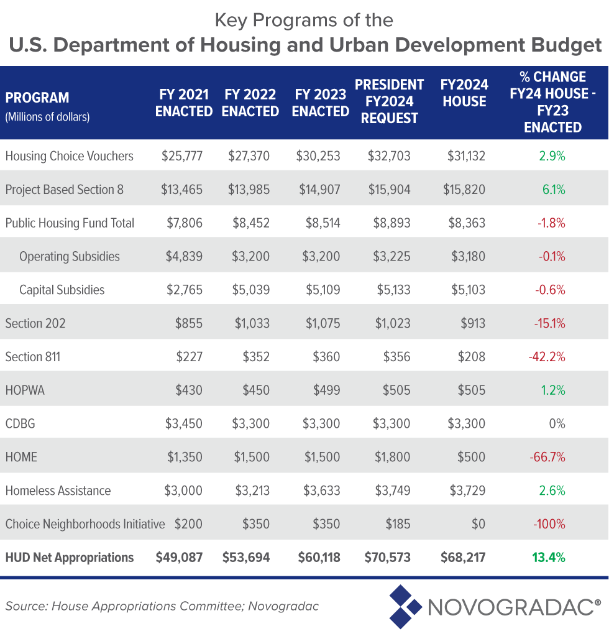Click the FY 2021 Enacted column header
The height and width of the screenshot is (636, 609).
pyautogui.click(x=183, y=103)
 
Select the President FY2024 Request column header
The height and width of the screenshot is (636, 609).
pyautogui.click(x=389, y=101)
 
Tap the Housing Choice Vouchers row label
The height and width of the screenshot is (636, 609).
pyautogui.click(x=69, y=156)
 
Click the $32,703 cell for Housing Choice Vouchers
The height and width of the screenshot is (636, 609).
pyautogui.click(x=389, y=156)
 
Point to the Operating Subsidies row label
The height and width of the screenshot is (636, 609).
pyautogui.click(x=70, y=257)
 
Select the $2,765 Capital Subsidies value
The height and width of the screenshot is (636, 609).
pyautogui.click(x=183, y=290)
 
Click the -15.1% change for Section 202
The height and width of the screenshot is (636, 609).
pyautogui.click(x=549, y=324)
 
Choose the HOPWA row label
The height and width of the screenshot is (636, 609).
pyautogui.click(x=25, y=390)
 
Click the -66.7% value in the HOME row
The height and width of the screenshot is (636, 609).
pyautogui.click(x=547, y=458)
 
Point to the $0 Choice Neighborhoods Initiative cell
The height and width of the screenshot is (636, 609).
pyautogui.click(x=478, y=524)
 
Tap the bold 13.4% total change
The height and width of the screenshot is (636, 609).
pyautogui.click(x=548, y=558)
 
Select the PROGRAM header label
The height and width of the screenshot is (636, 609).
pyautogui.click(x=37, y=98)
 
